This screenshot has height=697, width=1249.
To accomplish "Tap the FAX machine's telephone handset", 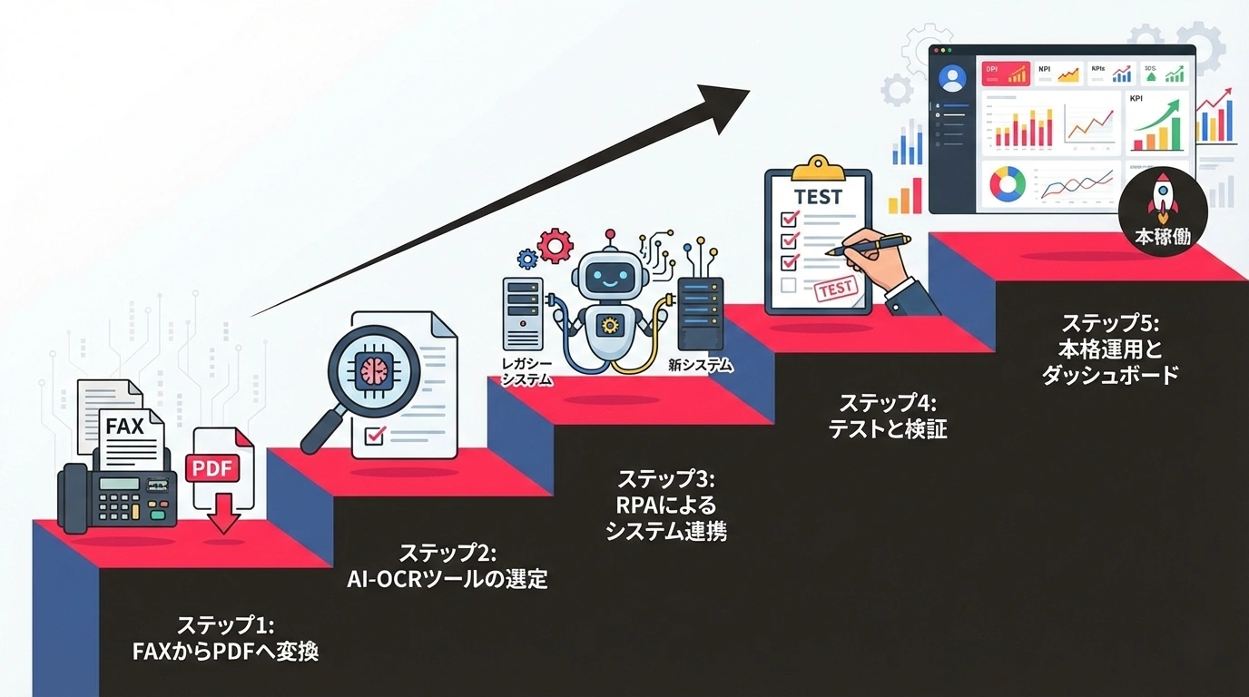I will pos(73,497).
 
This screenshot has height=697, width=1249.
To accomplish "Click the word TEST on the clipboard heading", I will pos(818,197).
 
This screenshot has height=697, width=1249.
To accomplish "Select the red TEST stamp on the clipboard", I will pos(836,289).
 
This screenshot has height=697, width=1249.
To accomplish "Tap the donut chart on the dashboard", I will pos(1007,184).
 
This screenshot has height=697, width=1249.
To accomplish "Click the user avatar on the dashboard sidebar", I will pos(952,79).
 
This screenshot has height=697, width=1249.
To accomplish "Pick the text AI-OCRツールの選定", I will pos(447,578).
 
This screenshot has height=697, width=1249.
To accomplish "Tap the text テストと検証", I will pos(887,428).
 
